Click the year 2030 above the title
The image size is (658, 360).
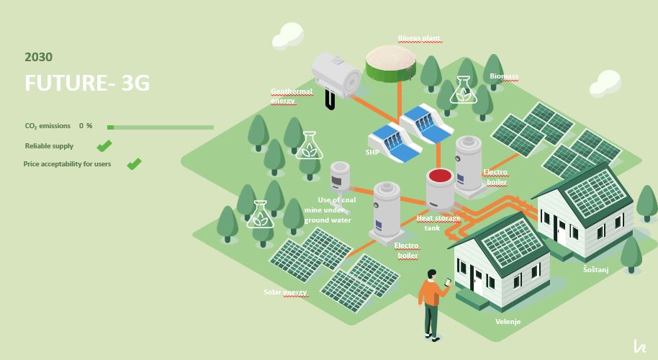[x=39, y=57]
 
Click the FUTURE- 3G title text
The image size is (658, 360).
[x=87, y=83]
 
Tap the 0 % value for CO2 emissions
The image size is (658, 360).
[x=86, y=126]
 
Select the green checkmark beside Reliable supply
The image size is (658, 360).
[x=104, y=145]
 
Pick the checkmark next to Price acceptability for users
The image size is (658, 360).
[x=135, y=163]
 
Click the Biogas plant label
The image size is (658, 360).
[x=419, y=38]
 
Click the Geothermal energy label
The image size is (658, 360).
[x=292, y=96]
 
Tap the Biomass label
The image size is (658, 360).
[x=504, y=76]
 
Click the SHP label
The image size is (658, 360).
[x=372, y=152]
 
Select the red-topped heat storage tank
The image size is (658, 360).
[x=440, y=189]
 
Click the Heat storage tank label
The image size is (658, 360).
[x=438, y=222]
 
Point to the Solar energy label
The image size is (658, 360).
[x=285, y=292]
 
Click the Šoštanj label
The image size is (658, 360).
[x=596, y=269]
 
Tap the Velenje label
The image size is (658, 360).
[x=508, y=321]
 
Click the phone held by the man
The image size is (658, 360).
[x=447, y=282]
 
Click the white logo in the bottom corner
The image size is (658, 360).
[x=639, y=346]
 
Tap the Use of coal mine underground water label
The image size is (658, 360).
[x=330, y=210]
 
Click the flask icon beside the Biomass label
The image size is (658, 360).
[x=463, y=90]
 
